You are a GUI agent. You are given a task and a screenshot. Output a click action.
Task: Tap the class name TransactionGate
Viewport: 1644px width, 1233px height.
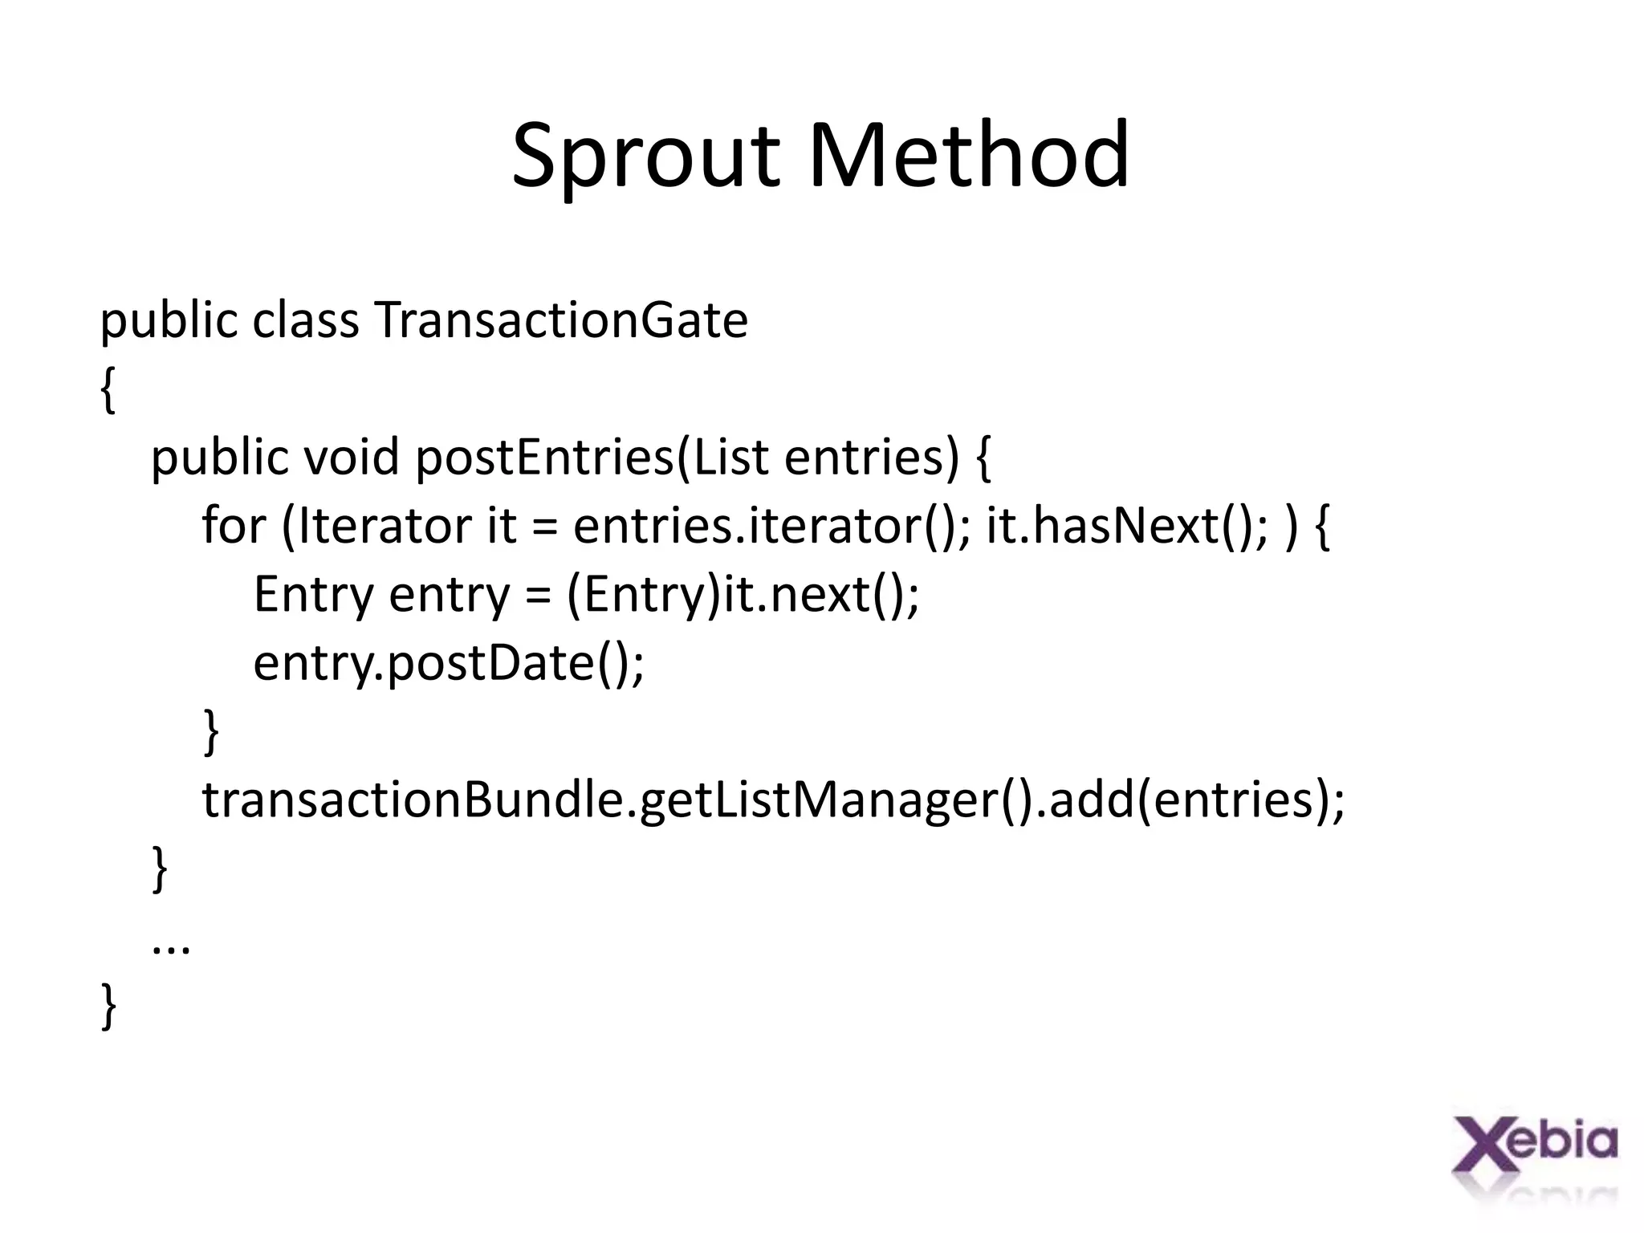point(560,320)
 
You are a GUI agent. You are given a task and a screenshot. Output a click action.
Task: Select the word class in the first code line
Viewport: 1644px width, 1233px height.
point(305,320)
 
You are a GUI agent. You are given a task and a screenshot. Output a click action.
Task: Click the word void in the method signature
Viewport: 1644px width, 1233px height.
point(351,458)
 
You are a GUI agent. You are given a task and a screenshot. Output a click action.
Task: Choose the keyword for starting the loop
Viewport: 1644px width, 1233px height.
point(233,526)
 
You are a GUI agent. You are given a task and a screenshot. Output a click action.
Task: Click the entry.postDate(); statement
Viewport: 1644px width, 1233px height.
point(449,663)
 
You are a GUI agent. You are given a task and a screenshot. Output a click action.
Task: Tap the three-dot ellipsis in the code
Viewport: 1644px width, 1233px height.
point(171,947)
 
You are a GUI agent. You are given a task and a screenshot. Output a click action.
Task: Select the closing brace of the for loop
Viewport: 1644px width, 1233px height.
point(211,731)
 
